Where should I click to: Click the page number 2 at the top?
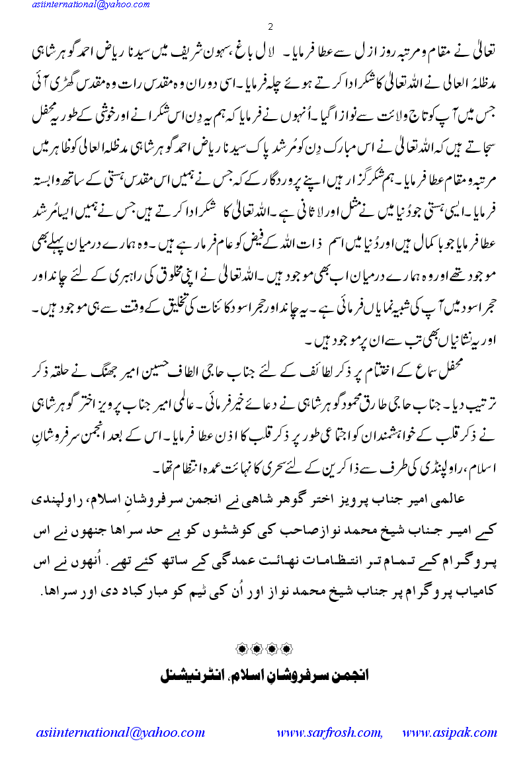[270, 27]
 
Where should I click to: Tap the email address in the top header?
[81, 6]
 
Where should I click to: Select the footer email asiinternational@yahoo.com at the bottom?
[120, 732]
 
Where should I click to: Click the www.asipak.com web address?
[449, 732]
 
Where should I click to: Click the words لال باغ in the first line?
[246, 52]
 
